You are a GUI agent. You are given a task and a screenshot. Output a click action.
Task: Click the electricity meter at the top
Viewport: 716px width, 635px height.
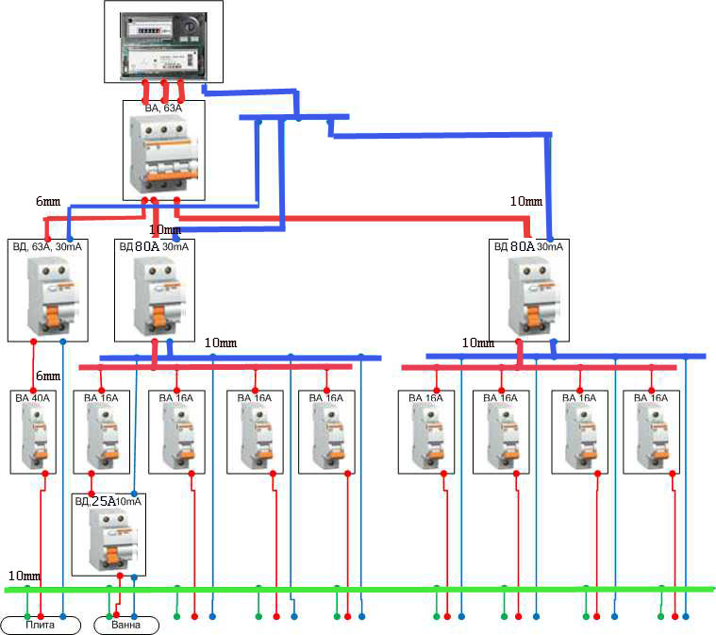pyautogui.click(x=162, y=40)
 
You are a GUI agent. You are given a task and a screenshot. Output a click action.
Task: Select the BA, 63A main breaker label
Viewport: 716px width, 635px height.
pyautogui.click(x=162, y=109)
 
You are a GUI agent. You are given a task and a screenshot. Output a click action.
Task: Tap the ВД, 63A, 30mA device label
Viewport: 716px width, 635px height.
pyautogui.click(x=47, y=246)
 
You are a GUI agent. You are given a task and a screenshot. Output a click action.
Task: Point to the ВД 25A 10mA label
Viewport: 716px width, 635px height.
pyautogui.click(x=108, y=501)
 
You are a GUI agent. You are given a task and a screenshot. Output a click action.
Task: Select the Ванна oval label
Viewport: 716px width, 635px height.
pyautogui.click(x=126, y=625)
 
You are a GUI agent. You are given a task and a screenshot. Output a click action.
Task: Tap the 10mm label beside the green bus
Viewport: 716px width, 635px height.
pyautogui.click(x=24, y=576)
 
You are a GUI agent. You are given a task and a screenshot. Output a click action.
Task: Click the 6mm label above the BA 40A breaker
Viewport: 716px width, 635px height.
pyautogui.click(x=46, y=376)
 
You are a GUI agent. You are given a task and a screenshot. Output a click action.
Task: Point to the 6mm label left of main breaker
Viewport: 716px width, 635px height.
pyautogui.click(x=47, y=201)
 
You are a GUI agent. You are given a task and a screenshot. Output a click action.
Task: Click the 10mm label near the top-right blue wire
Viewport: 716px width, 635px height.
pyautogui.click(x=525, y=201)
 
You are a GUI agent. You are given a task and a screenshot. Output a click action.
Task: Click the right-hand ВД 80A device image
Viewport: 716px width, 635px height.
pyautogui.click(x=528, y=292)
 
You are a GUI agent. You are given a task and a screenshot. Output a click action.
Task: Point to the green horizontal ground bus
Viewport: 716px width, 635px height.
pyautogui.click(x=358, y=590)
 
